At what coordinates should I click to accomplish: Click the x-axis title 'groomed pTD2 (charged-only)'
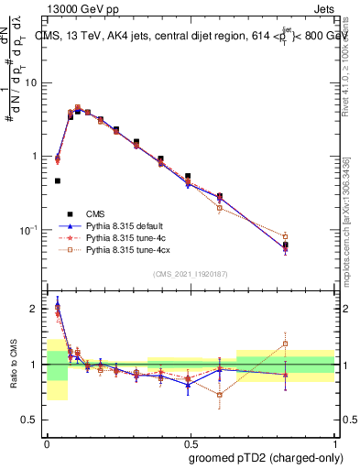pos(265,457)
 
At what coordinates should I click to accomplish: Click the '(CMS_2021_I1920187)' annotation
pos(190,274)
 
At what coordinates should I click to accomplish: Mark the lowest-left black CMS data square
pos(58,181)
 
